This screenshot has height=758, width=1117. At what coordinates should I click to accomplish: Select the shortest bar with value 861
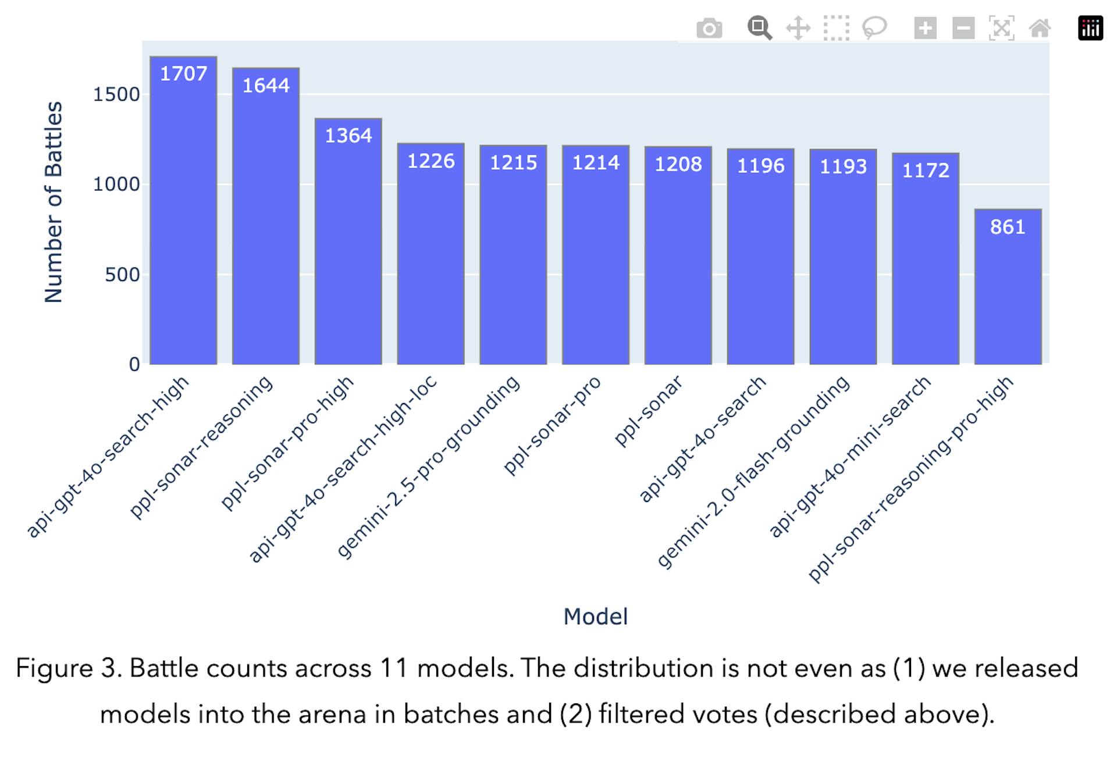coord(1008,291)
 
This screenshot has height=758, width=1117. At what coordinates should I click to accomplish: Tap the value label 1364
coord(348,136)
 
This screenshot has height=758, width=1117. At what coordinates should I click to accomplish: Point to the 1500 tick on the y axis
coord(116,94)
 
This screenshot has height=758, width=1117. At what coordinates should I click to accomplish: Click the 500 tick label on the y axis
coord(122,275)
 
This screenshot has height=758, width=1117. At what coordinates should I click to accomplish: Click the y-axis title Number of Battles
coord(53,202)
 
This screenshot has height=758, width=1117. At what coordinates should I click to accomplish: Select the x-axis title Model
coord(595,617)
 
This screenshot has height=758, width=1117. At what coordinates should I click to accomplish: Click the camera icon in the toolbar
coord(709,28)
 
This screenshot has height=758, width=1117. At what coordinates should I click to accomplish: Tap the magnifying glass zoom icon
coord(759,28)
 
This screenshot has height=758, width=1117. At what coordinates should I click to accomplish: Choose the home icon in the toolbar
coord(1040,28)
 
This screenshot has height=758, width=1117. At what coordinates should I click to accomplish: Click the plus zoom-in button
coord(925,28)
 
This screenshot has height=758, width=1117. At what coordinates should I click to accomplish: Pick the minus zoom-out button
coord(963,28)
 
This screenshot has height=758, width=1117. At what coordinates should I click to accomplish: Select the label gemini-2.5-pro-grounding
coord(428,467)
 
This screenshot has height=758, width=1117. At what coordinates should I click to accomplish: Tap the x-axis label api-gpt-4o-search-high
coord(108,457)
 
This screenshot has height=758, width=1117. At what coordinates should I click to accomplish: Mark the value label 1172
coord(925,170)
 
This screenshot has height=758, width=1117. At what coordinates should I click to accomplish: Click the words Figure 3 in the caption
coord(68,668)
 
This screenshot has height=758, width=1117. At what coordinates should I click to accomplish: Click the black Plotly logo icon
coord(1090,28)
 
